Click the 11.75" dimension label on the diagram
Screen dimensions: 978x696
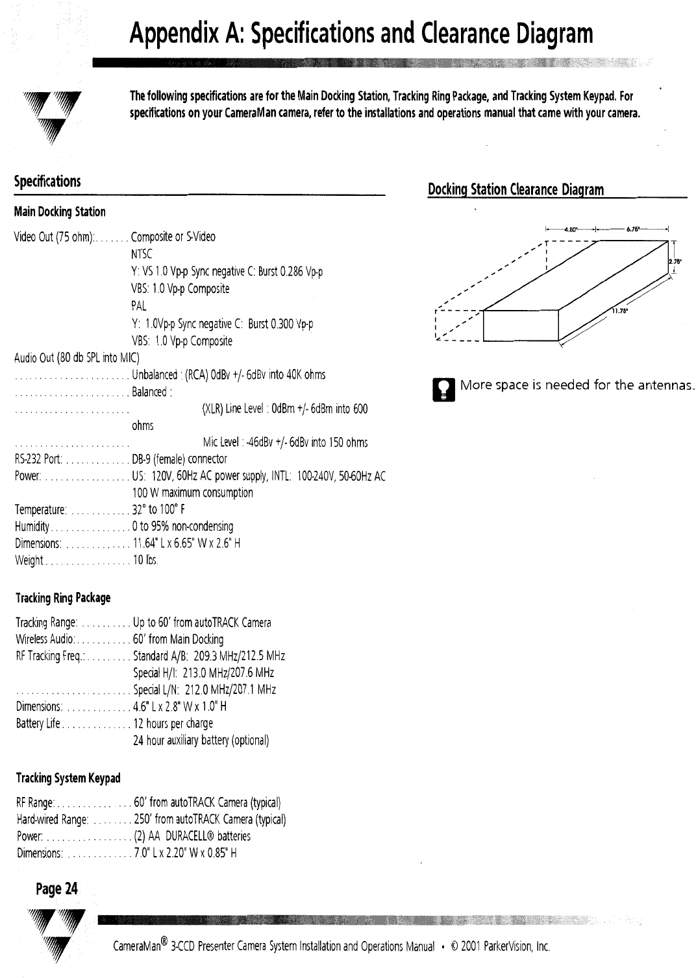point(619,311)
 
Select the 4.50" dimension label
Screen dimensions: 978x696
point(571,229)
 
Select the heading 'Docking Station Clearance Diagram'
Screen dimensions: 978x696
point(516,190)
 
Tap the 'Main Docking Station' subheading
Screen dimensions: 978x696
point(60,212)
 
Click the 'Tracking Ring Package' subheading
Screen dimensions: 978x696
point(62,597)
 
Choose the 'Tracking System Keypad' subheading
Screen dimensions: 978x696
point(68,778)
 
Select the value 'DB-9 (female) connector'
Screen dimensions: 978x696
point(180,459)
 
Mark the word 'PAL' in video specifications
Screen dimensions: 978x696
point(139,305)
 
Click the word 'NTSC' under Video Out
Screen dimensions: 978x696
point(142,254)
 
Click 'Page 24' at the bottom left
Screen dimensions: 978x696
point(56,889)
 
